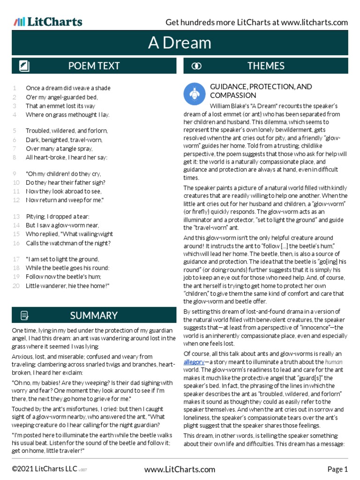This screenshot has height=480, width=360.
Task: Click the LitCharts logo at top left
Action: (x=48, y=22)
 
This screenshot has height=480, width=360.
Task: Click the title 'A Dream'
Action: (x=180, y=43)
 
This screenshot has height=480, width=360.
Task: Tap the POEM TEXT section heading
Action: (x=94, y=66)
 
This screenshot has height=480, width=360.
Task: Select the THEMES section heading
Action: (x=266, y=66)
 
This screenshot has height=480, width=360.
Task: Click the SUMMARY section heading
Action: (x=94, y=315)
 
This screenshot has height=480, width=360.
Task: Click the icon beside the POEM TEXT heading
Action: (x=24, y=66)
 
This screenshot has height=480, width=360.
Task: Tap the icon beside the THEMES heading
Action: (x=197, y=66)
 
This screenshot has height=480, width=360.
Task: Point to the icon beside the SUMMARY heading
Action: (x=24, y=315)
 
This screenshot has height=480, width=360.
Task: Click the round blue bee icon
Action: (x=194, y=93)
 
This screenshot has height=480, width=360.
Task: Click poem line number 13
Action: (x=16, y=217)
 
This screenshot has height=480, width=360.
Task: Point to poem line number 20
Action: (x=16, y=285)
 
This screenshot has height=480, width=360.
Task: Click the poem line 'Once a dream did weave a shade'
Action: (x=68, y=88)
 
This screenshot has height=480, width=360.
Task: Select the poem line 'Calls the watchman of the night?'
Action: (x=68, y=243)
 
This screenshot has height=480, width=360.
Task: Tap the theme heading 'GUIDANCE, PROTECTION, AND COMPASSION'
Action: (x=261, y=91)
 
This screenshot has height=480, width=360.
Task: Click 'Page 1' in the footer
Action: (x=337, y=469)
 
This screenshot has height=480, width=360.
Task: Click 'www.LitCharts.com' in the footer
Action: (x=180, y=469)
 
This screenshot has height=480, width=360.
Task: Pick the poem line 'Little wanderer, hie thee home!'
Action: (x=67, y=285)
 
